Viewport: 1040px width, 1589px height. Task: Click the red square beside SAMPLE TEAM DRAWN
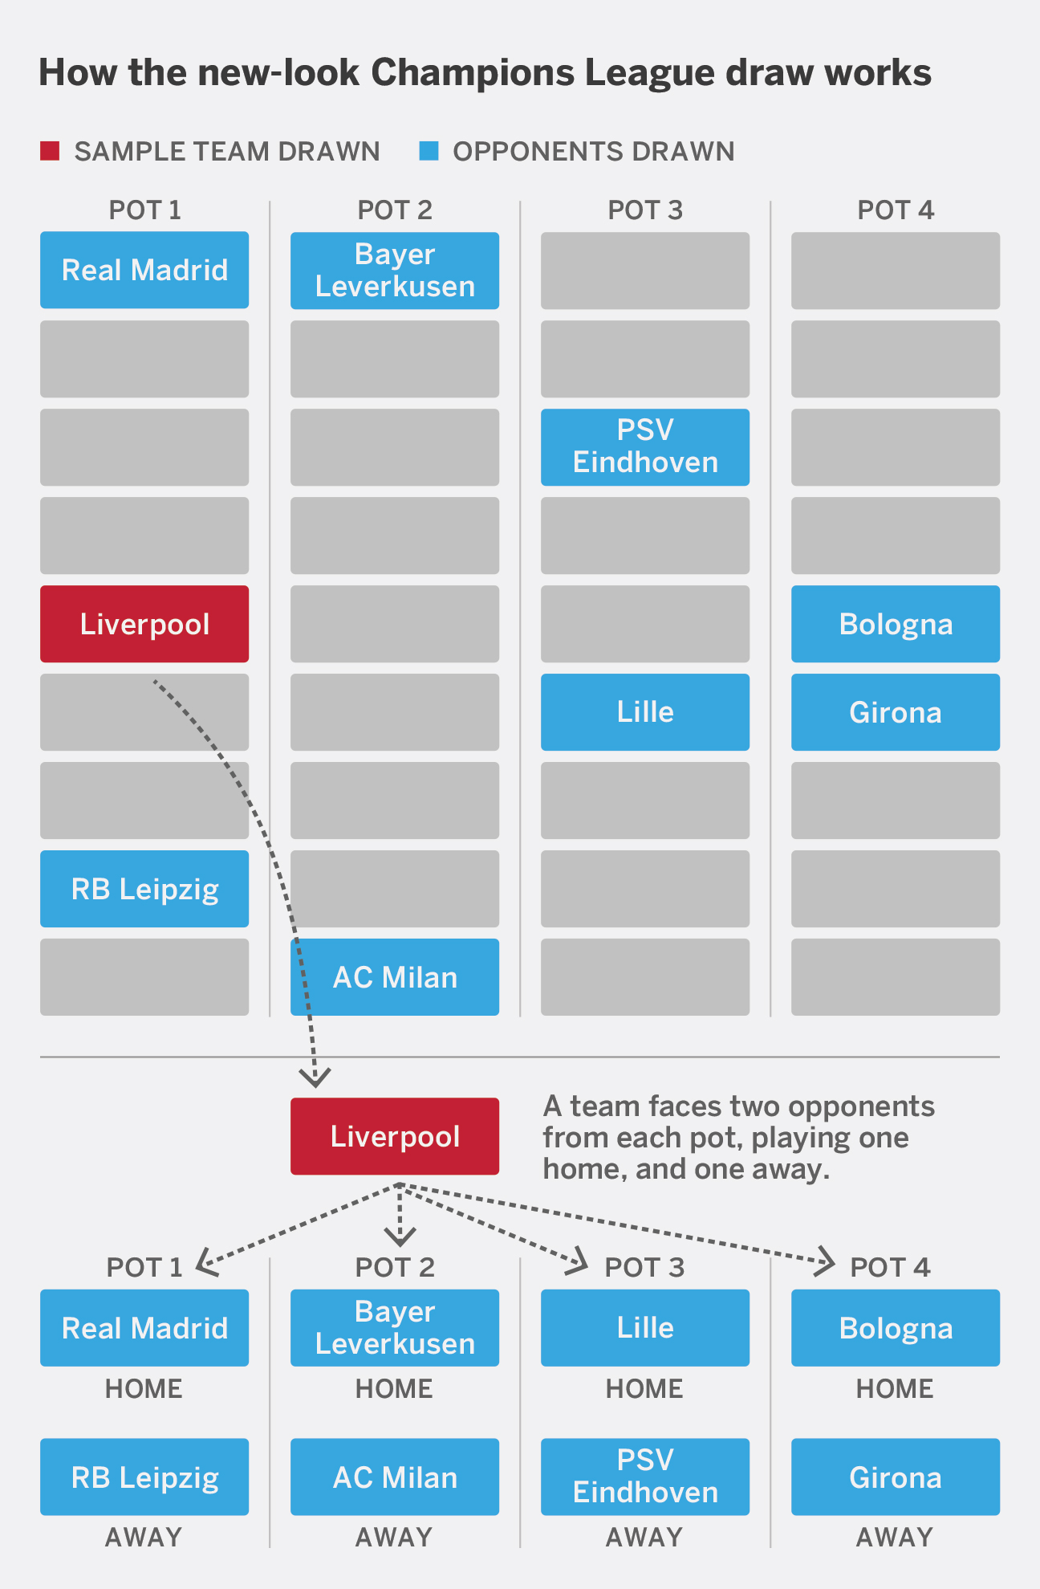pos(50,151)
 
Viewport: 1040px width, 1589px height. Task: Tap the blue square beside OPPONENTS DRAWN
pos(429,151)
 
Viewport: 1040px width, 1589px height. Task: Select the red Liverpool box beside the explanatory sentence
pos(395,1136)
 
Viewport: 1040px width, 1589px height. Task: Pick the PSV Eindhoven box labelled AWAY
pos(645,1477)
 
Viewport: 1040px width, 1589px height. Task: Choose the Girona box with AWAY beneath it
pos(896,1477)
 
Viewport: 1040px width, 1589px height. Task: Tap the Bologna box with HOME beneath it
pos(896,1328)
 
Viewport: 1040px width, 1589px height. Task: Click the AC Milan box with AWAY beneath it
pos(395,1477)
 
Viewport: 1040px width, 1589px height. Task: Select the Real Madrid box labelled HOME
pos(144,1328)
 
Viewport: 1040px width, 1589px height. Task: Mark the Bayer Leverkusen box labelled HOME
pos(395,1328)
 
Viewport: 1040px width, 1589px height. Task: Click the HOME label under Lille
pos(644,1389)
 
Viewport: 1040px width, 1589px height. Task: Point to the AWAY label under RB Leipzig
pos(144,1538)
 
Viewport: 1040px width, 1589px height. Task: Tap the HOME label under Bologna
pos(895,1389)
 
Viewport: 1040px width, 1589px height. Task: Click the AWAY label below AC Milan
pos(394,1538)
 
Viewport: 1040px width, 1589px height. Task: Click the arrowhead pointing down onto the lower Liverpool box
pos(315,1077)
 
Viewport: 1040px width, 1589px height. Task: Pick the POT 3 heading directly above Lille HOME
pos(644,1268)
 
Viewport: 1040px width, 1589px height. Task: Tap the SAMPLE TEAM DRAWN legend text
pos(227,152)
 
